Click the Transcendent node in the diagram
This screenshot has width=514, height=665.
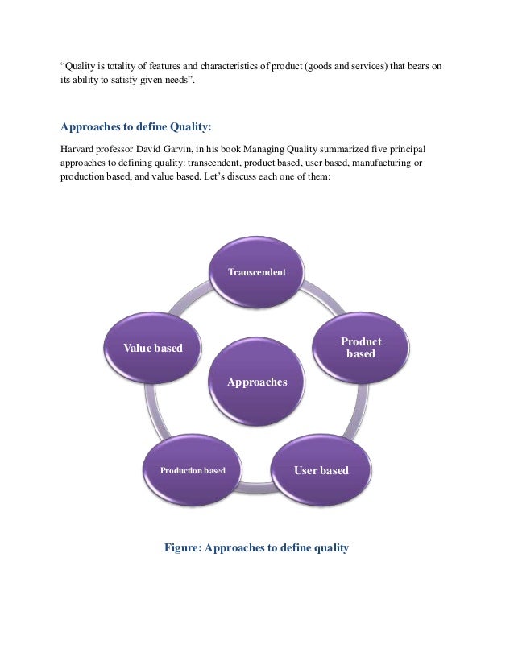[257, 272]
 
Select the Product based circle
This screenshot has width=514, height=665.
[360, 348]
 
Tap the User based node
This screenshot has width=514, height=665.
[321, 470]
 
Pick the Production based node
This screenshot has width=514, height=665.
[193, 470]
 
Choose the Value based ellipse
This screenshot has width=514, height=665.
[152, 348]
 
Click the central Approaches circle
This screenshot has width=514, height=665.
[257, 382]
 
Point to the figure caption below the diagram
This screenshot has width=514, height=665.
[256, 548]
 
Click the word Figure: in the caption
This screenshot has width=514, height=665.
[183, 548]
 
